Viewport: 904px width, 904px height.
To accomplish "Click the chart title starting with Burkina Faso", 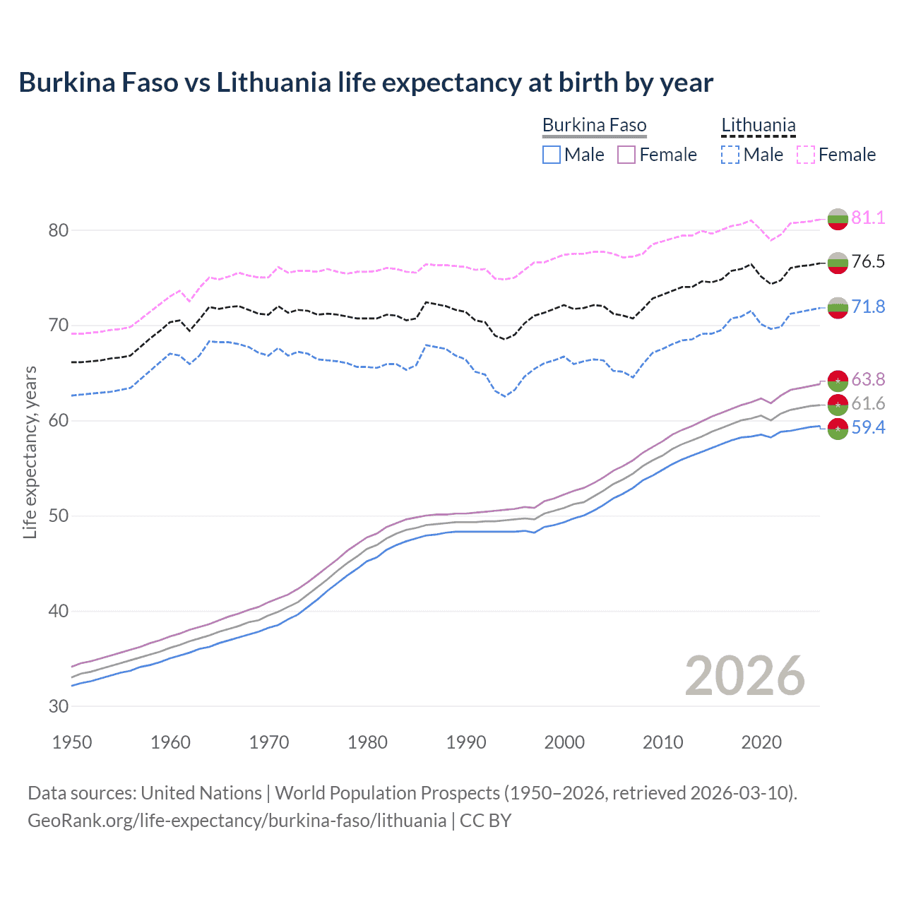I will pyautogui.click(x=366, y=83).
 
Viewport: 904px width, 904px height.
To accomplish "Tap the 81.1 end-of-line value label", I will pyautogui.click(x=868, y=218).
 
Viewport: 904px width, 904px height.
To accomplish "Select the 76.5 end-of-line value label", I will pyautogui.click(x=868, y=261).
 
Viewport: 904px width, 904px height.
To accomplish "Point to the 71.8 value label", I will pyautogui.click(x=868, y=307).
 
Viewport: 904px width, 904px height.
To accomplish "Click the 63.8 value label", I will pyautogui.click(x=868, y=380).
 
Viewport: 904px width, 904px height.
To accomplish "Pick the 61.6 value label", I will pyautogui.click(x=868, y=403).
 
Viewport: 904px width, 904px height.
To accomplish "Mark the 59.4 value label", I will pyautogui.click(x=868, y=427).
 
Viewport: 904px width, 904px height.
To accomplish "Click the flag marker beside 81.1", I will pyautogui.click(x=838, y=219).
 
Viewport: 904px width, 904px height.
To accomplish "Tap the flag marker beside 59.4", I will pyautogui.click(x=838, y=429).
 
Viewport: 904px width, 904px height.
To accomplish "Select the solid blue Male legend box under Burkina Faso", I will pyautogui.click(x=552, y=155).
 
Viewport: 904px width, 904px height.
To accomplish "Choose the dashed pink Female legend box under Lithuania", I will pyautogui.click(x=805, y=155).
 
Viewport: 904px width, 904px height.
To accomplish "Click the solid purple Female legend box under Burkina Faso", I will pyautogui.click(x=626, y=155).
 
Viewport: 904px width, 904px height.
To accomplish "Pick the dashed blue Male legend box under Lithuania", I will pyautogui.click(x=730, y=155).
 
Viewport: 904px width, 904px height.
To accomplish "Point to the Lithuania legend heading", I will pyautogui.click(x=759, y=126).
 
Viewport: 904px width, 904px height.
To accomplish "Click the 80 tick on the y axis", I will pyautogui.click(x=59, y=230).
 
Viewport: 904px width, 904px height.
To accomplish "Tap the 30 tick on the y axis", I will pyautogui.click(x=59, y=706).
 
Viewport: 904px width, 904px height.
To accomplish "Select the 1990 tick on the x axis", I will pyautogui.click(x=466, y=742).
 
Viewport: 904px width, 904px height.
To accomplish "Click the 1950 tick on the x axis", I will pyautogui.click(x=72, y=742).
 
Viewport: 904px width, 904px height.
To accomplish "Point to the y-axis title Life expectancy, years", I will pyautogui.click(x=30, y=452).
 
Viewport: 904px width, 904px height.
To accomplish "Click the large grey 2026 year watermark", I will pyautogui.click(x=745, y=676).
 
